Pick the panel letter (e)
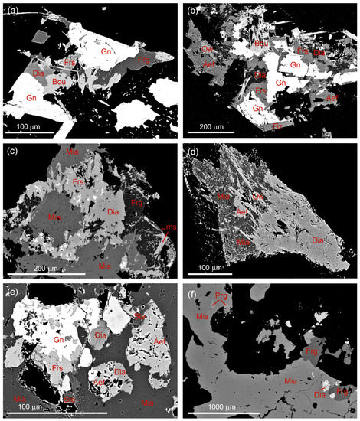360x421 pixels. pos(12,292)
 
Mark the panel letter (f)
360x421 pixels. pos(193,292)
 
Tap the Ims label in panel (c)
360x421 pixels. pos(162,227)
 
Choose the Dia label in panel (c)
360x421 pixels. pos(113,212)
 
